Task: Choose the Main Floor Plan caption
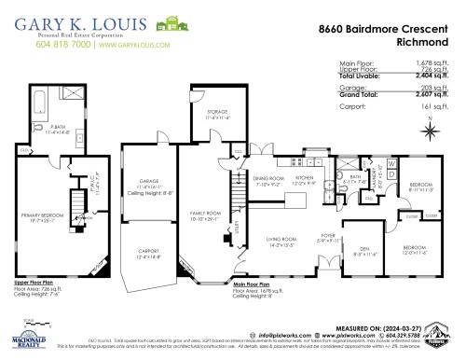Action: pos(251,284)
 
